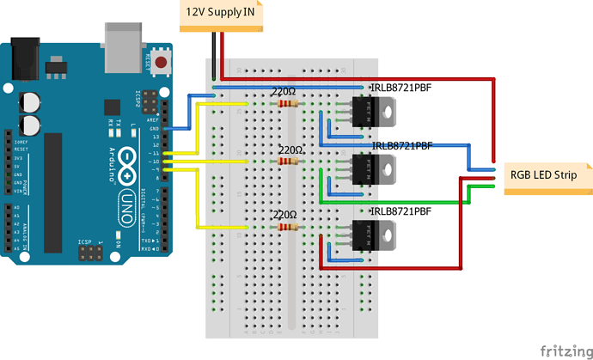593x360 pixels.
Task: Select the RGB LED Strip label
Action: pyautogui.click(x=543, y=175)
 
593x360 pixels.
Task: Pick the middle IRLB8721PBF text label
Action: pyautogui.click(x=401, y=146)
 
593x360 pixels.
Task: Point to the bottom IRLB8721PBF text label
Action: pyautogui.click(x=401, y=211)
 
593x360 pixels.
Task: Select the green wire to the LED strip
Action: pyautogui.click(x=395, y=202)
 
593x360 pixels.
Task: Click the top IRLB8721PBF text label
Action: pyautogui.click(x=401, y=88)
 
